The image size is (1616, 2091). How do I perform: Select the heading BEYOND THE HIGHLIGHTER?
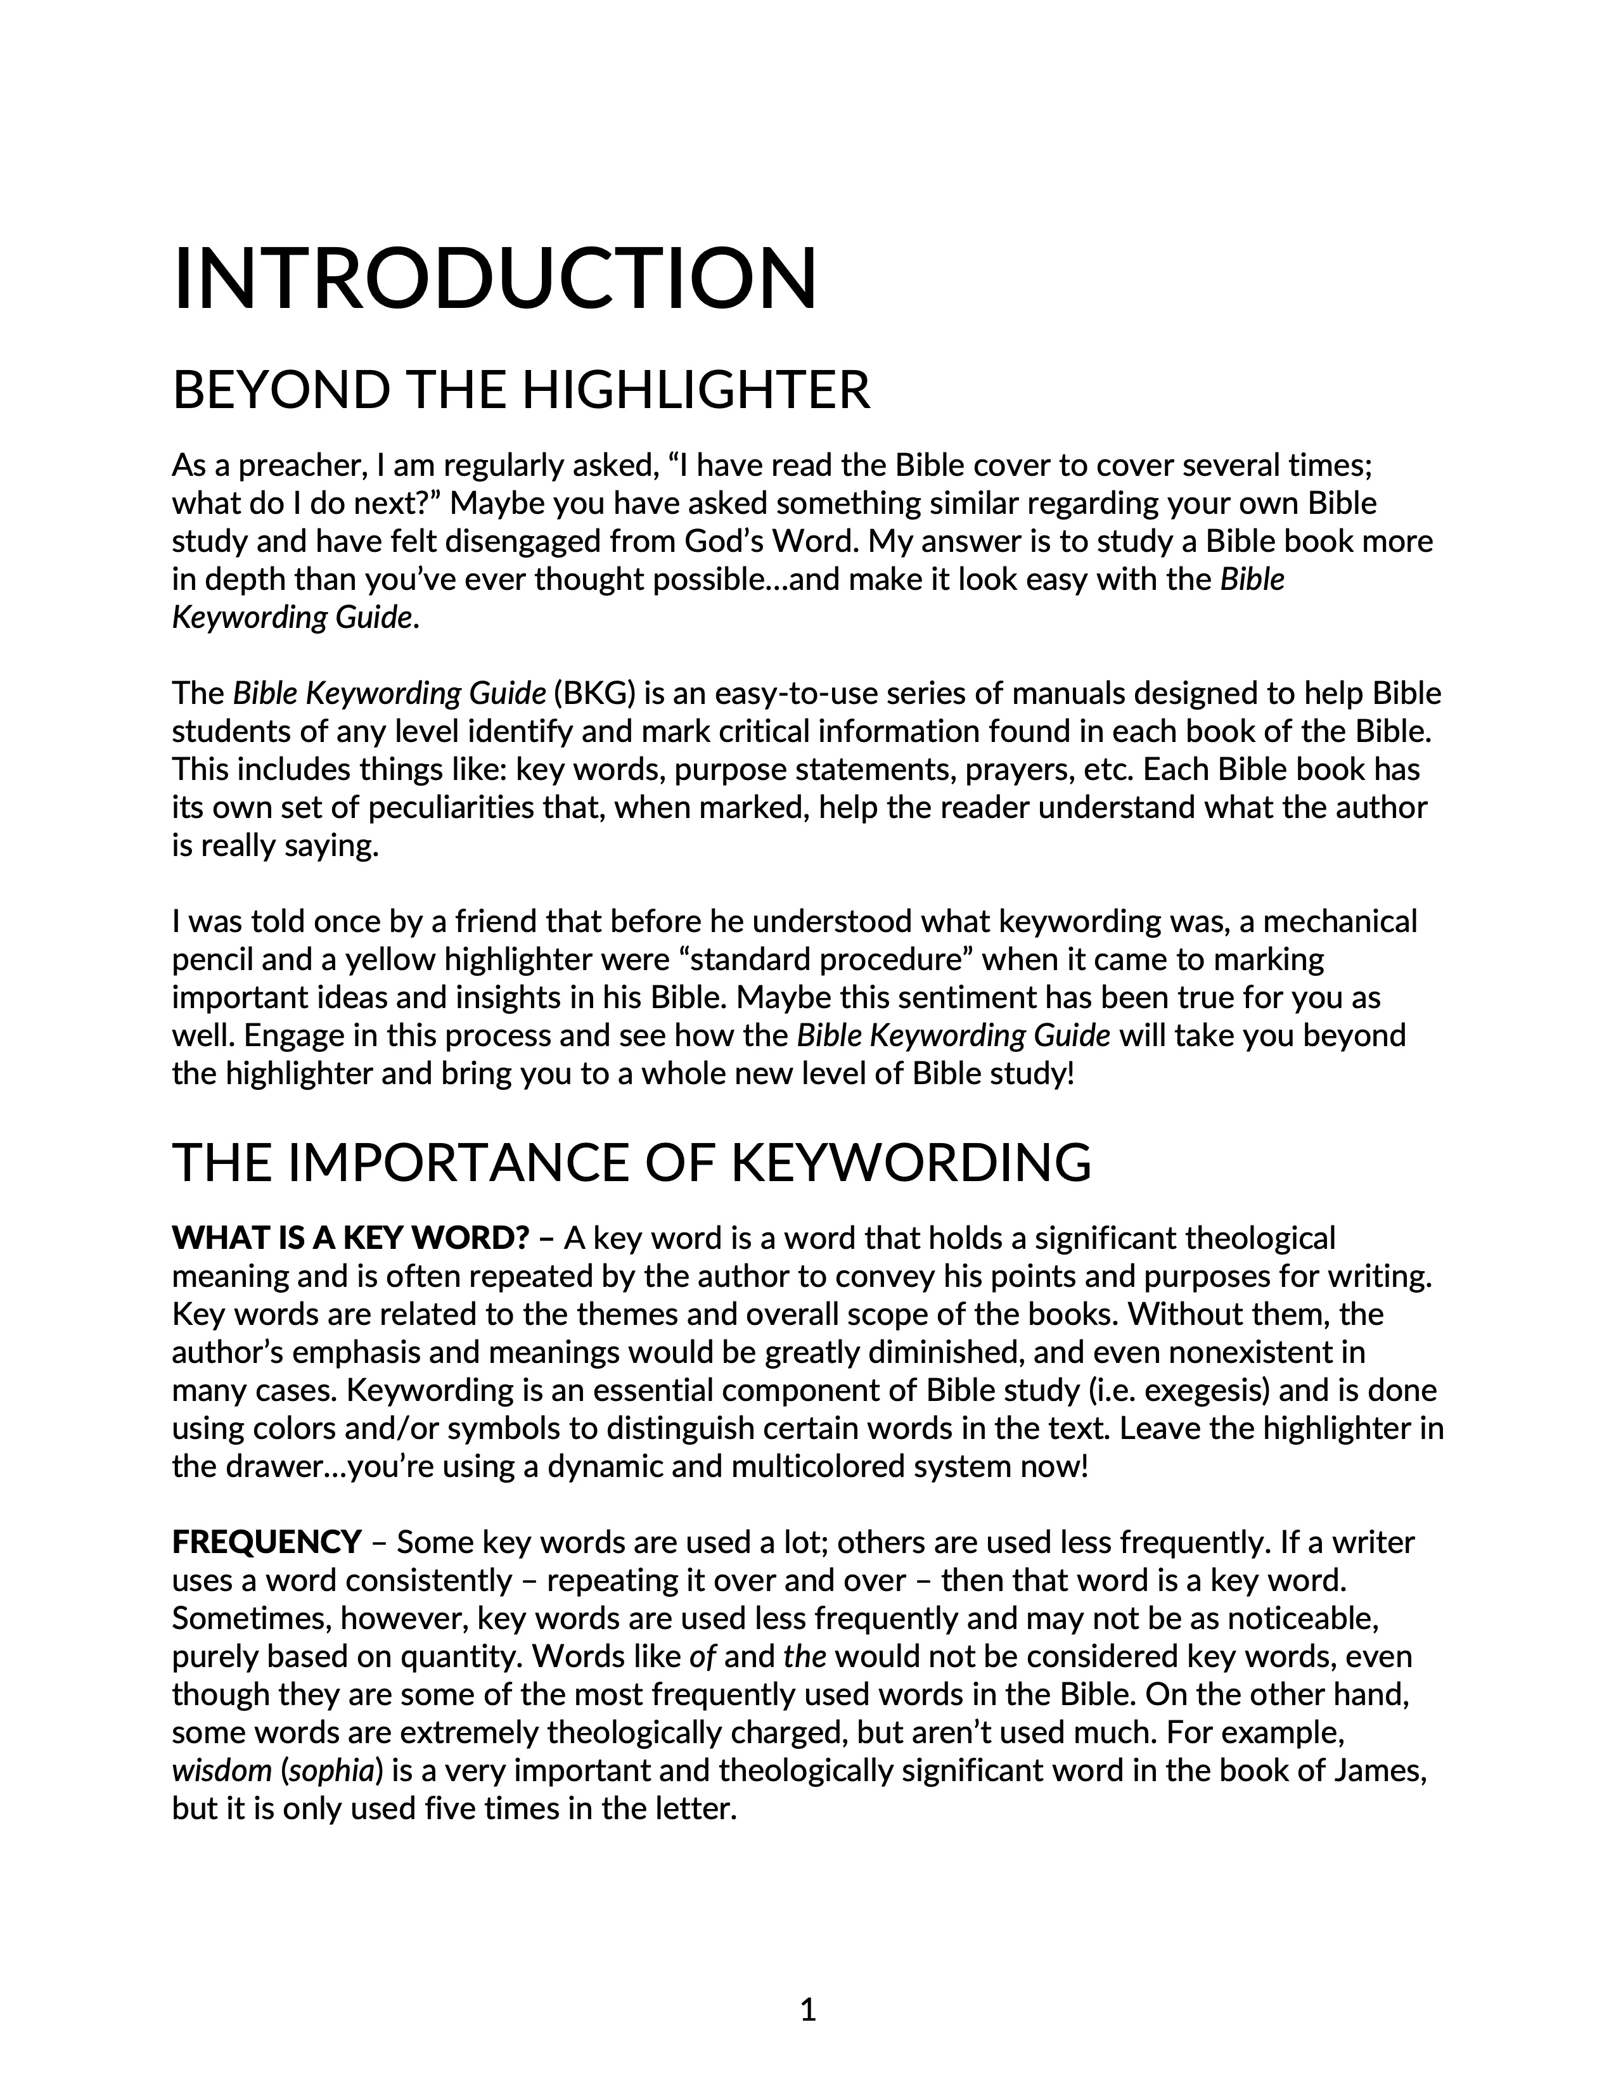point(521,390)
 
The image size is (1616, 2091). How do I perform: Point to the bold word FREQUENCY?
point(267,1542)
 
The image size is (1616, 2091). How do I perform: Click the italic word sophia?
point(331,1771)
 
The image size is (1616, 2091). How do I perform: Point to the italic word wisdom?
point(222,1771)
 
